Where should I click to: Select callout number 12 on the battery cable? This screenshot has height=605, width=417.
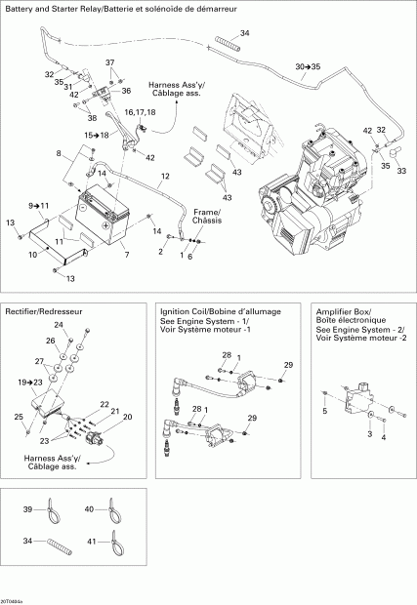coord(165,176)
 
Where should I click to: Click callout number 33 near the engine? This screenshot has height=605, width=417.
coord(401,170)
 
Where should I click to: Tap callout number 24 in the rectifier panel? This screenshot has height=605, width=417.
coord(58,324)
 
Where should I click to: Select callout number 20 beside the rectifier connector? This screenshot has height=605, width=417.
coord(127,417)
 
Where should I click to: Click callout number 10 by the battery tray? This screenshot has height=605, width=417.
coord(32,255)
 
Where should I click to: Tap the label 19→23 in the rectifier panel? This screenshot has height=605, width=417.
coord(30,383)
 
